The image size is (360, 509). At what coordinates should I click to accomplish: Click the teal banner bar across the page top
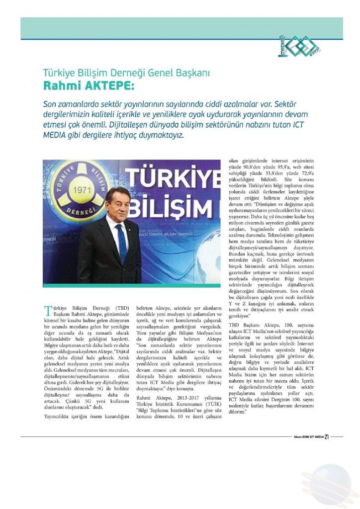181,28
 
